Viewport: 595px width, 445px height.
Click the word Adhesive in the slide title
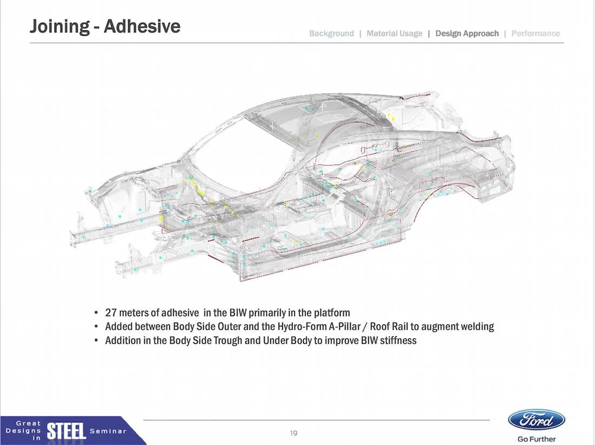[x=142, y=26]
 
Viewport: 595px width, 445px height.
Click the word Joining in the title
[x=59, y=27]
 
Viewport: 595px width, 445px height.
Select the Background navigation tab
[x=331, y=34]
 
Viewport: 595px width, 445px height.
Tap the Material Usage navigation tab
[x=394, y=34]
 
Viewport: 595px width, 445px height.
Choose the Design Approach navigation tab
[x=467, y=34]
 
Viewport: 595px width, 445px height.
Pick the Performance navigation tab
[x=535, y=34]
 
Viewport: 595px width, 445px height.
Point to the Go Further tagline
[x=537, y=439]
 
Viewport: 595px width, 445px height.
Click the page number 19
[x=294, y=433]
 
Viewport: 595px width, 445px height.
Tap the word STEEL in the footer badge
[x=67, y=431]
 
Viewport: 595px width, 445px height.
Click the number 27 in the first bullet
[x=110, y=312]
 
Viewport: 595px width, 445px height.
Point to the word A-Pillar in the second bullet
[x=343, y=326]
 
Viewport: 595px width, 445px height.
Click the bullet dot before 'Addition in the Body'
[x=96, y=340]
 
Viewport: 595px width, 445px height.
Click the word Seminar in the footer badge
[x=109, y=431]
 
